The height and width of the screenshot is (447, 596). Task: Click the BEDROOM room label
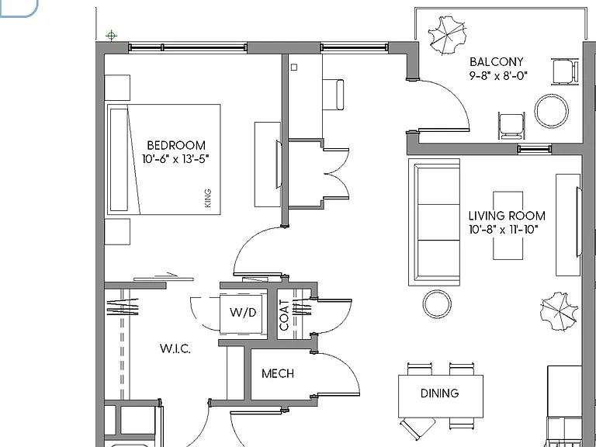tap(176, 145)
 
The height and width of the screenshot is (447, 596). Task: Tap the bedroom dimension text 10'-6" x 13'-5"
tap(175, 159)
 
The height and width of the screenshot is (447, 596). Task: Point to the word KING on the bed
tap(207, 198)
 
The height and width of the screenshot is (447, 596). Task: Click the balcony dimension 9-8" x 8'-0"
tap(498, 75)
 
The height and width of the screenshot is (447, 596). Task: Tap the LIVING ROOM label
tap(507, 216)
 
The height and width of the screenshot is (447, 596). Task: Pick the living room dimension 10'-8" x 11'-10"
tap(504, 230)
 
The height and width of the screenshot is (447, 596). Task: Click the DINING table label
tap(439, 393)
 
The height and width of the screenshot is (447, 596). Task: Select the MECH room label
tap(278, 373)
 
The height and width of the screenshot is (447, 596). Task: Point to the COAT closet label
tap(284, 315)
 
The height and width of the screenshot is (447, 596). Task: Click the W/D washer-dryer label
tap(243, 313)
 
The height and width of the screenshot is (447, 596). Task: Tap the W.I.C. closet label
tap(175, 348)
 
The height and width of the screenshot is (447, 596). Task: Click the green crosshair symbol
tap(111, 36)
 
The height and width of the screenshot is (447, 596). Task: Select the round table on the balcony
tap(551, 111)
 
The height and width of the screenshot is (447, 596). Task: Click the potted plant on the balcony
tap(447, 35)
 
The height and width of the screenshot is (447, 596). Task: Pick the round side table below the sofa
tap(437, 304)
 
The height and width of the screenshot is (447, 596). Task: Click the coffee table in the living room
tap(508, 225)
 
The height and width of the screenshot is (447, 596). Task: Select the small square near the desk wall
tap(294, 68)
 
